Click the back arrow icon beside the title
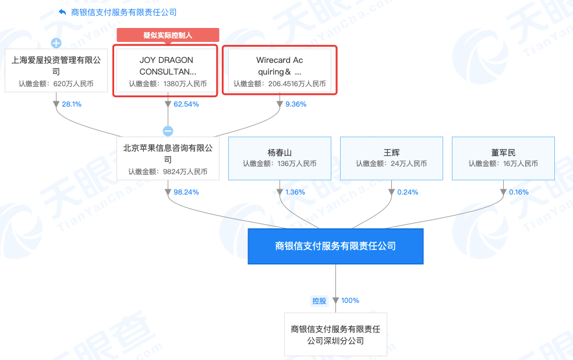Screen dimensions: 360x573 point(62,12)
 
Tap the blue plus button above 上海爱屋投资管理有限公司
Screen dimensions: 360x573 point(56,43)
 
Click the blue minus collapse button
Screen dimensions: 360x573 point(168,131)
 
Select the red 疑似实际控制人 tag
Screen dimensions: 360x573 point(168,35)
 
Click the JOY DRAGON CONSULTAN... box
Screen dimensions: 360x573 point(167,71)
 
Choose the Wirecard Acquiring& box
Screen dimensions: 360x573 point(280,71)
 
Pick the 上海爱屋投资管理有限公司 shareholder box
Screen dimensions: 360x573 point(56,70)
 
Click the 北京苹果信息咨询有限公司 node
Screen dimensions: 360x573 point(168,158)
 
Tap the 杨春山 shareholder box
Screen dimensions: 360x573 point(280,158)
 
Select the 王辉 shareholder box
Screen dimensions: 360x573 point(391,158)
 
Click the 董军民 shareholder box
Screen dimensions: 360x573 point(503,158)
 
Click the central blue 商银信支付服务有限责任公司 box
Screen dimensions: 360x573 point(335,246)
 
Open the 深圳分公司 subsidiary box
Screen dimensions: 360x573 point(335,334)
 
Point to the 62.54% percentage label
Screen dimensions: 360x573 point(186,104)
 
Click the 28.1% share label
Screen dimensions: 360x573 point(72,104)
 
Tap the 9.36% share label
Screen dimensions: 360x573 point(295,104)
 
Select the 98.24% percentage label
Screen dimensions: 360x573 point(186,192)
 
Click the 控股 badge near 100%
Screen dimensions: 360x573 point(319,301)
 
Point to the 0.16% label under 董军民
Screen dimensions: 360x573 point(518,192)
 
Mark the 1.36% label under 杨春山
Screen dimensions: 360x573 point(295,192)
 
